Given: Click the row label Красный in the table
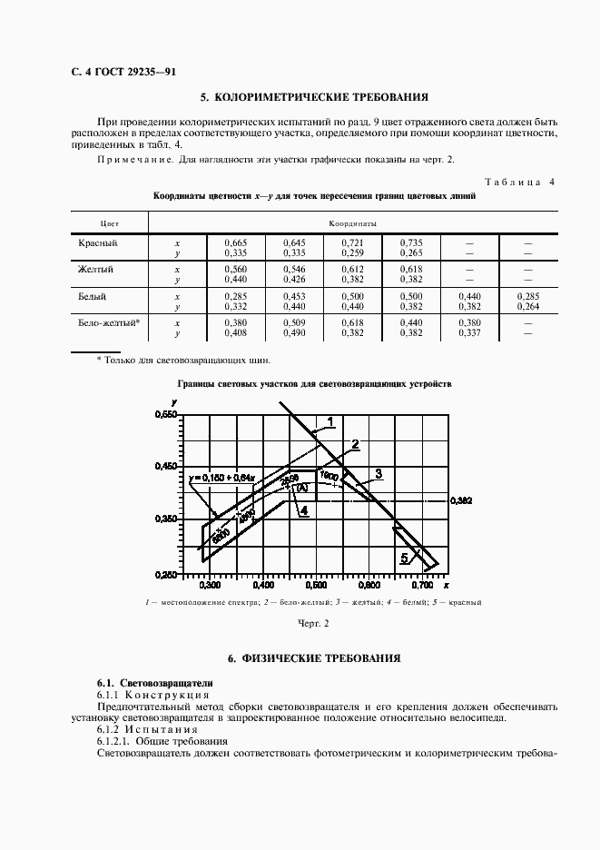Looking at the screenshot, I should point(98,243).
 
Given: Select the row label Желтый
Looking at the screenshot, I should point(96,270).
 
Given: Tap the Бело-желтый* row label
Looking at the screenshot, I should point(109,322).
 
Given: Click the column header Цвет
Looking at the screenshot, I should point(109,222).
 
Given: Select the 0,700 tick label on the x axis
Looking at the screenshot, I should point(419,586).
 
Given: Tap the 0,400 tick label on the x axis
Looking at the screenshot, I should point(261,586).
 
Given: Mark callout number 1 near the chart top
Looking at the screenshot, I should point(330,420).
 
